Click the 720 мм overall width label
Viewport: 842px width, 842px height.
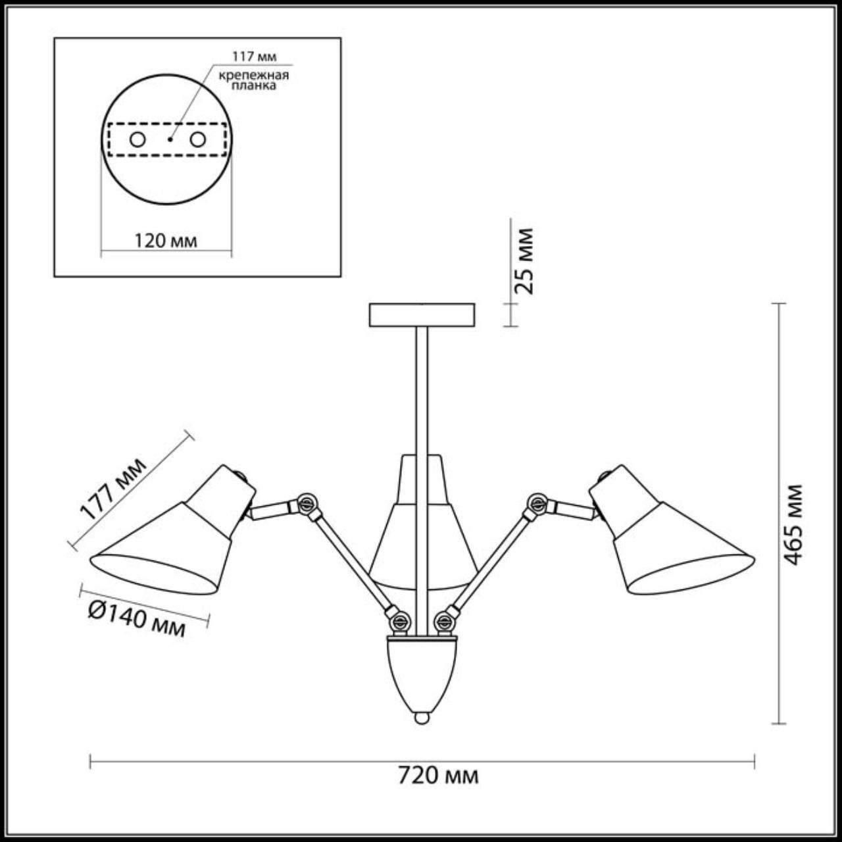pyautogui.click(x=438, y=776)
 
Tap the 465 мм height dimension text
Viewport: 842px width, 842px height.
pyautogui.click(x=794, y=525)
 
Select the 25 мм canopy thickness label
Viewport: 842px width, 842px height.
pyautogui.click(x=525, y=260)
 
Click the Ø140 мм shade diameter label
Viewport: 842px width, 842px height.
pyautogui.click(x=137, y=620)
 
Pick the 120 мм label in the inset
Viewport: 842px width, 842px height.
pyautogui.click(x=166, y=241)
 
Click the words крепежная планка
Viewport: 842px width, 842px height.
pyautogui.click(x=254, y=80)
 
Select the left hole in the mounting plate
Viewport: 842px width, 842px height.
pyautogui.click(x=137, y=139)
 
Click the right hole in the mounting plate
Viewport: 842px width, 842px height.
pyautogui.click(x=197, y=139)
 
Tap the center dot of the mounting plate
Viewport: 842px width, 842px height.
pyautogui.click(x=168, y=139)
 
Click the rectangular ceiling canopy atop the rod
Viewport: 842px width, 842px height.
pyautogui.click(x=422, y=315)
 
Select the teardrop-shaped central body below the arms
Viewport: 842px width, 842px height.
pyautogui.click(x=422, y=671)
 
